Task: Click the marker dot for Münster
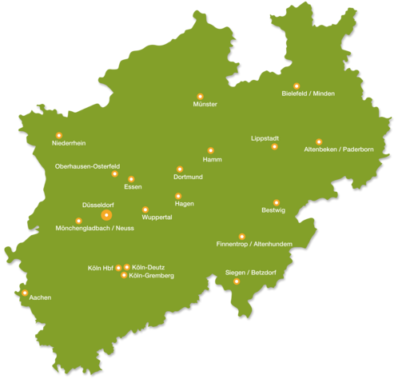tap(200, 97)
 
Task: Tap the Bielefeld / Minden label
tap(308, 94)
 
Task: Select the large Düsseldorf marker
tap(106, 215)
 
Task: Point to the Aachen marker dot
tap(25, 293)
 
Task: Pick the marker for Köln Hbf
tap(118, 268)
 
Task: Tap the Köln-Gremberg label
tap(151, 276)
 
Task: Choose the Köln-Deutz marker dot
tap(127, 267)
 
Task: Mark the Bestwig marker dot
tap(277, 202)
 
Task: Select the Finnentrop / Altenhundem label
tap(254, 244)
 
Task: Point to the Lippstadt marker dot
tap(274, 146)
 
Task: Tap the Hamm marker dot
tap(210, 150)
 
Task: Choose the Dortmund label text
tap(188, 177)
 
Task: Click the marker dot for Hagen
tap(178, 196)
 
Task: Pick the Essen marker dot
tap(131, 179)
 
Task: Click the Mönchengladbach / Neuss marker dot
tap(78, 221)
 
